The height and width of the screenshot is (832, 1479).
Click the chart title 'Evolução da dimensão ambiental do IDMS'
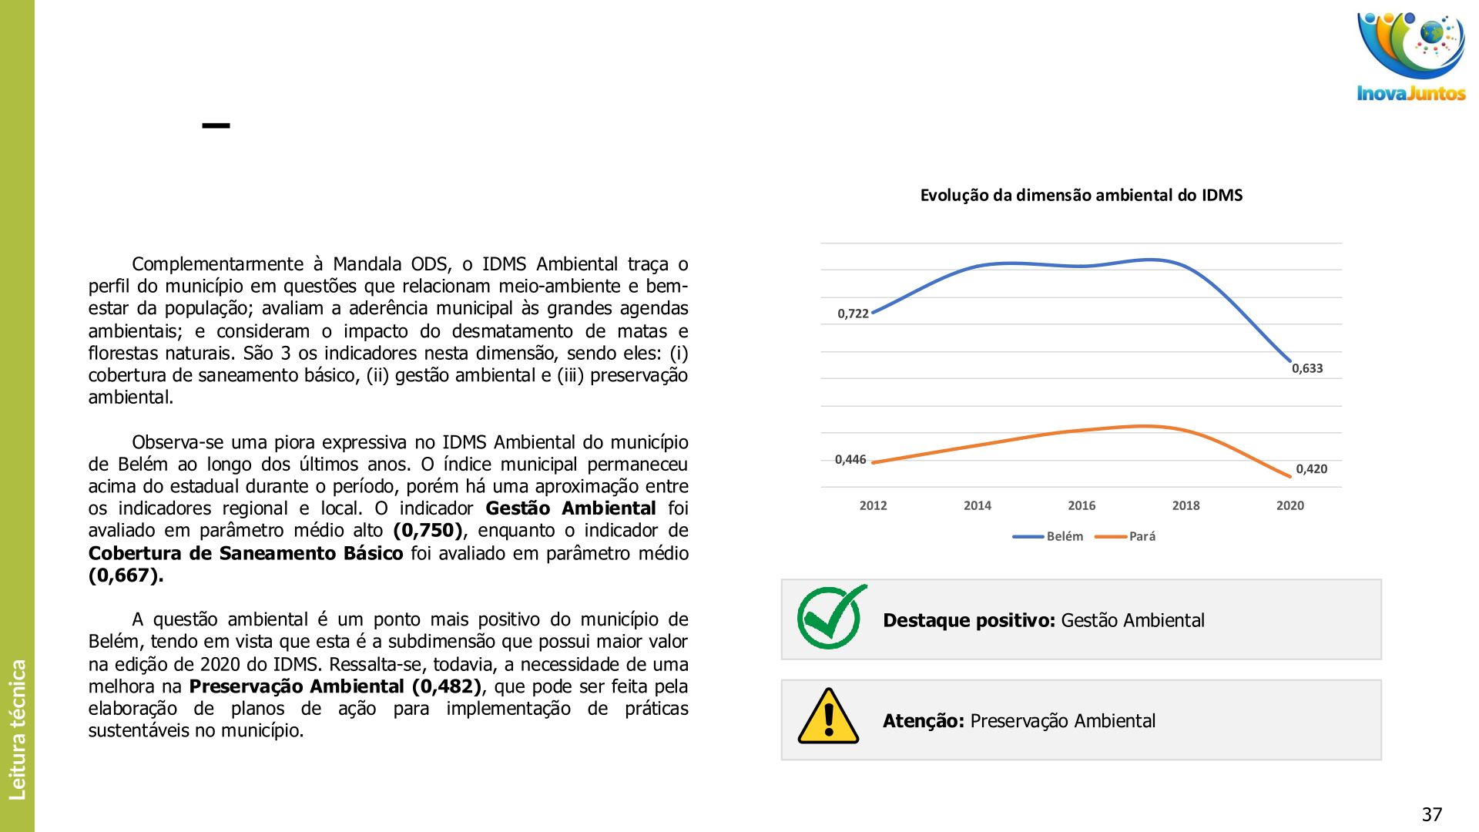pyautogui.click(x=1081, y=196)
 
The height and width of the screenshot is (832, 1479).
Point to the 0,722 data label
pyautogui.click(x=853, y=314)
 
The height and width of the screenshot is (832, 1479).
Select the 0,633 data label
pyautogui.click(x=1307, y=368)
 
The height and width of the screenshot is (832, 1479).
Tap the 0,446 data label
pyautogui.click(x=850, y=460)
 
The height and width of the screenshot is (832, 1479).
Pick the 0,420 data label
pyautogui.click(x=1311, y=469)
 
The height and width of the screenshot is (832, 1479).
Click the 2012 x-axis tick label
pyautogui.click(x=873, y=505)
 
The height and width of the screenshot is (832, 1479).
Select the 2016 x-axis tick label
pyautogui.click(x=1082, y=505)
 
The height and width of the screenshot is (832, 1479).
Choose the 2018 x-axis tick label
pyautogui.click(x=1186, y=505)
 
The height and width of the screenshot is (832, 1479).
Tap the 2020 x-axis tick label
pyautogui.click(x=1290, y=505)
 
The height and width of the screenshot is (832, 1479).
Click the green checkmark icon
pyautogui.click(x=830, y=617)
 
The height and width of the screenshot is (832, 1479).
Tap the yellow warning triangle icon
pyautogui.click(x=828, y=717)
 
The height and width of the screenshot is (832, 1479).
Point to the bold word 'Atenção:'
pyautogui.click(x=923, y=721)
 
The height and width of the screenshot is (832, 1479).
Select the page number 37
pyautogui.click(x=1431, y=814)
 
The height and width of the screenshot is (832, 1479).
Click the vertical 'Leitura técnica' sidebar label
pyautogui.click(x=17, y=729)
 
